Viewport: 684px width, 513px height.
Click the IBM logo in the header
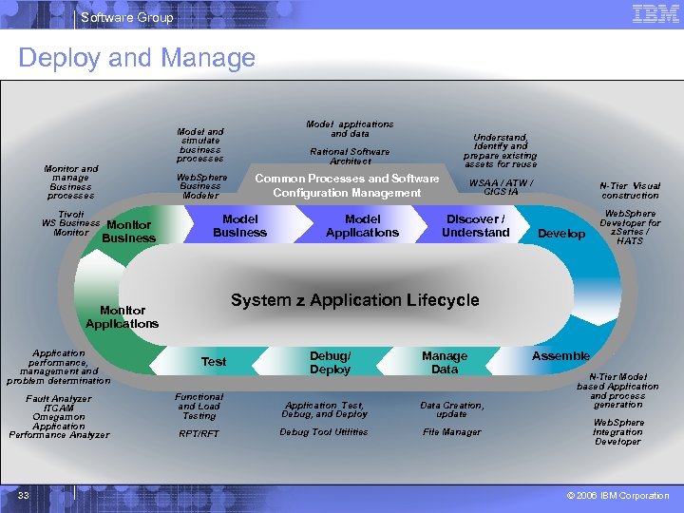coord(655,14)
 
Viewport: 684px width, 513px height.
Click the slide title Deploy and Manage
coord(137,58)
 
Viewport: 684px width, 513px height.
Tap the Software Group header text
coord(127,17)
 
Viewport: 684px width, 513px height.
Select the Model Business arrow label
coord(239,226)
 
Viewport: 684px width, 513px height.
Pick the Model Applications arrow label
coord(362,226)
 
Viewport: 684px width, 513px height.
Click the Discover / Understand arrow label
coord(475,226)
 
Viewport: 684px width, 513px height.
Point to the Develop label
coord(561,234)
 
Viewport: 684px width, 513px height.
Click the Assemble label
coord(560,356)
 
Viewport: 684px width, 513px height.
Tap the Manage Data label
coord(445,362)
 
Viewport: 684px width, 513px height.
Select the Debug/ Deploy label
coord(330,362)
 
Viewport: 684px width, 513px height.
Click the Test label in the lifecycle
coord(214,362)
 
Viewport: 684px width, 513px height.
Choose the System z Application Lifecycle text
coord(355,300)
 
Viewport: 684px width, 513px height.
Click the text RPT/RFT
coord(199,434)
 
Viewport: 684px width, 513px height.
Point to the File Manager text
coord(452,432)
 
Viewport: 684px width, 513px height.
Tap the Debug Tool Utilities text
coord(324,432)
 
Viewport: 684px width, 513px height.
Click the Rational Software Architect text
coord(350,156)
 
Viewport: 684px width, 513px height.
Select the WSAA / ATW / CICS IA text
coord(501,187)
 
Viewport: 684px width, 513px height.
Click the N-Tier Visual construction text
coord(630,191)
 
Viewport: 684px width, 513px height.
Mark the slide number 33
coord(25,495)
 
